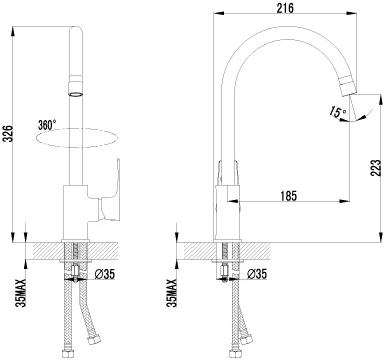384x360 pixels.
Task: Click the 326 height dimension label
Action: (x=8, y=133)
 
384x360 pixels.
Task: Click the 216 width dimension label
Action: (x=286, y=7)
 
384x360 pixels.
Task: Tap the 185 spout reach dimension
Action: (x=288, y=196)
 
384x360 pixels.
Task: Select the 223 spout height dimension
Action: (x=376, y=169)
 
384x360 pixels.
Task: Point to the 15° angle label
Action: (x=337, y=112)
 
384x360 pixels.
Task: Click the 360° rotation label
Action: (x=47, y=125)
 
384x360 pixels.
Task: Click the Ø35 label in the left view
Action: (x=105, y=274)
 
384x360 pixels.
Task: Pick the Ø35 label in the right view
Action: (x=257, y=274)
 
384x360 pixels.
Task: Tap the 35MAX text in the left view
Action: (x=22, y=293)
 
